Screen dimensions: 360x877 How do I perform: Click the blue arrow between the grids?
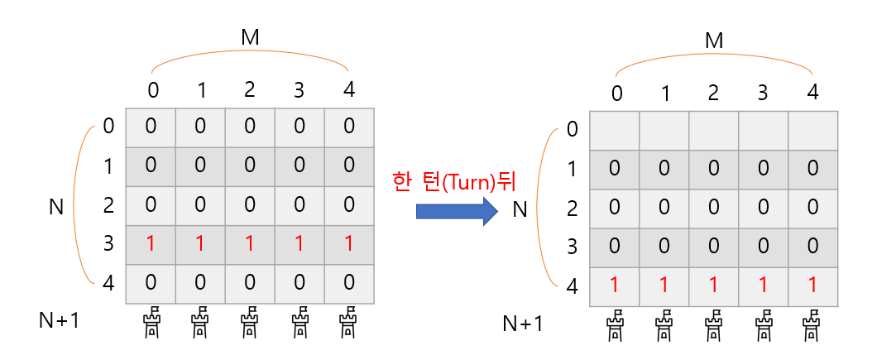(457, 211)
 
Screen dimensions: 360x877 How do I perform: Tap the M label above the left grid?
(249, 37)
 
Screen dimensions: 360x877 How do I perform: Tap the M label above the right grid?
(713, 41)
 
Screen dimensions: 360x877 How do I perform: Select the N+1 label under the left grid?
(60, 319)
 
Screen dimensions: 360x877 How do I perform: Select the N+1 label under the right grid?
(524, 323)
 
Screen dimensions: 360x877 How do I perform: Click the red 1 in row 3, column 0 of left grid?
(151, 244)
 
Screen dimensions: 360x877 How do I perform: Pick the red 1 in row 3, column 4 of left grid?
(349, 244)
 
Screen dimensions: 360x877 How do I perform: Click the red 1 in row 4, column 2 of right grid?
(713, 286)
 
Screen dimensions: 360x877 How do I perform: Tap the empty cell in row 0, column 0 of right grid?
(614, 129)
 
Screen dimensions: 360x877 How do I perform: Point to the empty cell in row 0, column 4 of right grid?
(812, 129)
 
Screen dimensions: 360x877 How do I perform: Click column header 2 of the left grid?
(250, 89)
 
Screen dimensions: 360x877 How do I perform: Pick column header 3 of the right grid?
(763, 92)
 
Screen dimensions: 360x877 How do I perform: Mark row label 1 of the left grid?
(108, 166)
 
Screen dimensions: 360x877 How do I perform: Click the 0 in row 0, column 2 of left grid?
(250, 126)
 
